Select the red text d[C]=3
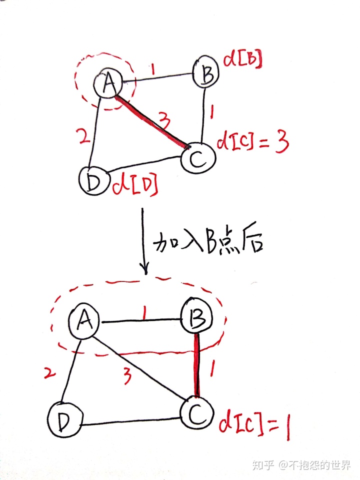coord(252,143)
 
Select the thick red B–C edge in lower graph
coord(196,364)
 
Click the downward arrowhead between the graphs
coord(145,268)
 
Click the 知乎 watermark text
coord(263,465)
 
